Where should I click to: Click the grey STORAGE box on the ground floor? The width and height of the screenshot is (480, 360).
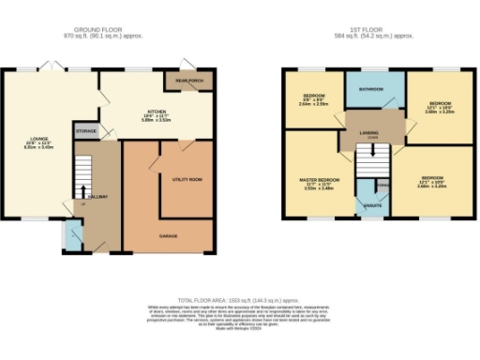click(x=85, y=131)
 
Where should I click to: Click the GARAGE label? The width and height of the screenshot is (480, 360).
click(x=169, y=235)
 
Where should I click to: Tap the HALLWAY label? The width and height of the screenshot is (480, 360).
click(x=98, y=196)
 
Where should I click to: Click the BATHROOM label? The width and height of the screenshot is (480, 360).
click(x=374, y=91)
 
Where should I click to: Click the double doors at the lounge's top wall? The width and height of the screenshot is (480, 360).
click(x=52, y=68)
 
